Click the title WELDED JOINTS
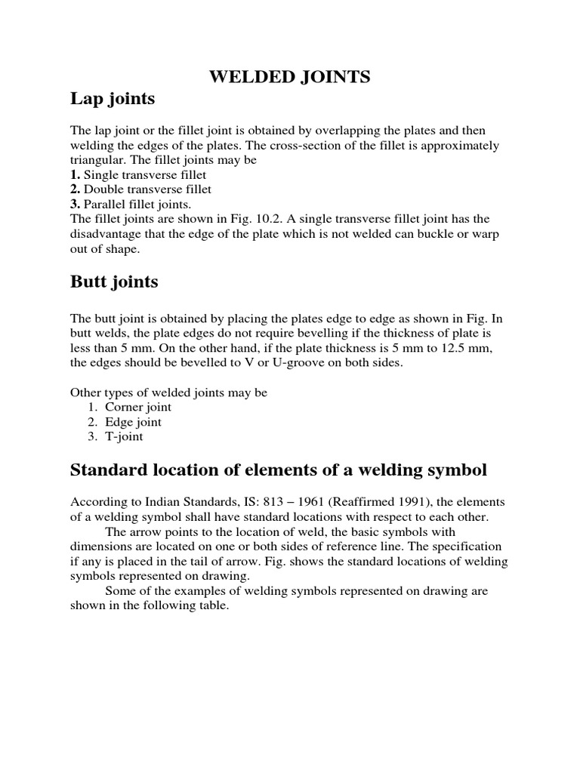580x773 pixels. pos(289,77)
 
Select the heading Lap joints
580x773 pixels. pos(113,99)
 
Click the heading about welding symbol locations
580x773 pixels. pos(279,470)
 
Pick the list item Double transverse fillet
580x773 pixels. pos(147,189)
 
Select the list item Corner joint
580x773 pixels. pos(132,408)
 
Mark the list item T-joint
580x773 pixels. pos(124,436)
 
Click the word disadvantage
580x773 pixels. pos(106,233)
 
